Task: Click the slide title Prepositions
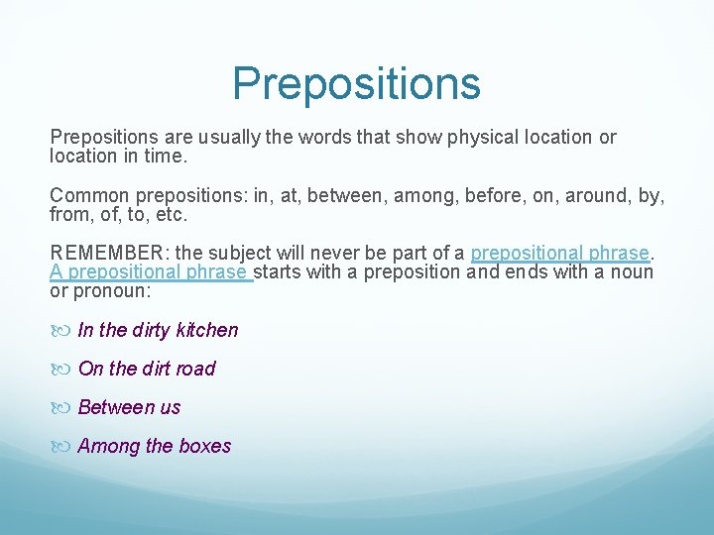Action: pos(356,83)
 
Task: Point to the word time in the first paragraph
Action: pos(166,157)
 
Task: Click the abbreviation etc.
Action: pos(172,215)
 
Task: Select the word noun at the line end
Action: pos(634,272)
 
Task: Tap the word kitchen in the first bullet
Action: pos(207,330)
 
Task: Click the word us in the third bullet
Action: pos(171,407)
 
